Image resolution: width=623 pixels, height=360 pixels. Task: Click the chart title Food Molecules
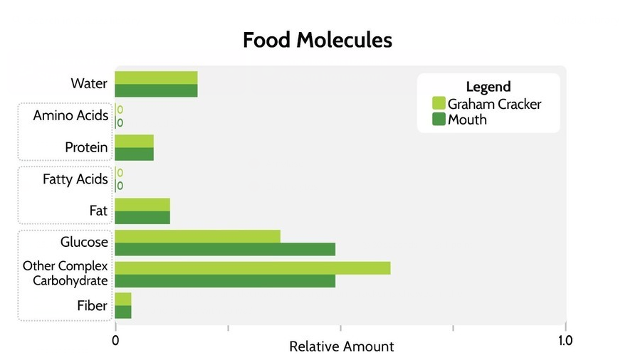317,40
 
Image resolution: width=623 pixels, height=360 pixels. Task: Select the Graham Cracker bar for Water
156,78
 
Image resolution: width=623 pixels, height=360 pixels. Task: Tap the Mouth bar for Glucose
225,249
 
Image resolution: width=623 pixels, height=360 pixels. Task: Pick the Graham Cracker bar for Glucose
197,236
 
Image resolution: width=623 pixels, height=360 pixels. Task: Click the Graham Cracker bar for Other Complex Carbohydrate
253,268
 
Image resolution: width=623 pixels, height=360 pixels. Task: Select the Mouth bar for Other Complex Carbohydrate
225,281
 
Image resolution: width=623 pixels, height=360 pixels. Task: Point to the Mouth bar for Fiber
123,312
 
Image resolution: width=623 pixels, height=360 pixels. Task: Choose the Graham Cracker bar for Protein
134,141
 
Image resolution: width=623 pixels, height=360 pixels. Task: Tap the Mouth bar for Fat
142,218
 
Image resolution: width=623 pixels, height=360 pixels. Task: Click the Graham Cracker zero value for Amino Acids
120,110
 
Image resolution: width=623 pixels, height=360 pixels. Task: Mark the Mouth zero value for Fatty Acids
120,186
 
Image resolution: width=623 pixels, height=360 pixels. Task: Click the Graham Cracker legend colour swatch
439,104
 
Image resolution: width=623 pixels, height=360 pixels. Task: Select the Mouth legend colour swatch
439,120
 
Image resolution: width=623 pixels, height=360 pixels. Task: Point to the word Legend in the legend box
488,87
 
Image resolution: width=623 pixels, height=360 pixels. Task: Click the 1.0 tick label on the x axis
565,341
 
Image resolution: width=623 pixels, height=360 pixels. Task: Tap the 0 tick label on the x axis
115,341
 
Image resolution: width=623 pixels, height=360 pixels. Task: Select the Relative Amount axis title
341,347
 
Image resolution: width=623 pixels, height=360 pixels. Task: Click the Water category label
89,84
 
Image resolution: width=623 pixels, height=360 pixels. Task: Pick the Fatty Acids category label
75,179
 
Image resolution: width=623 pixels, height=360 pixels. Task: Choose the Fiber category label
92,306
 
